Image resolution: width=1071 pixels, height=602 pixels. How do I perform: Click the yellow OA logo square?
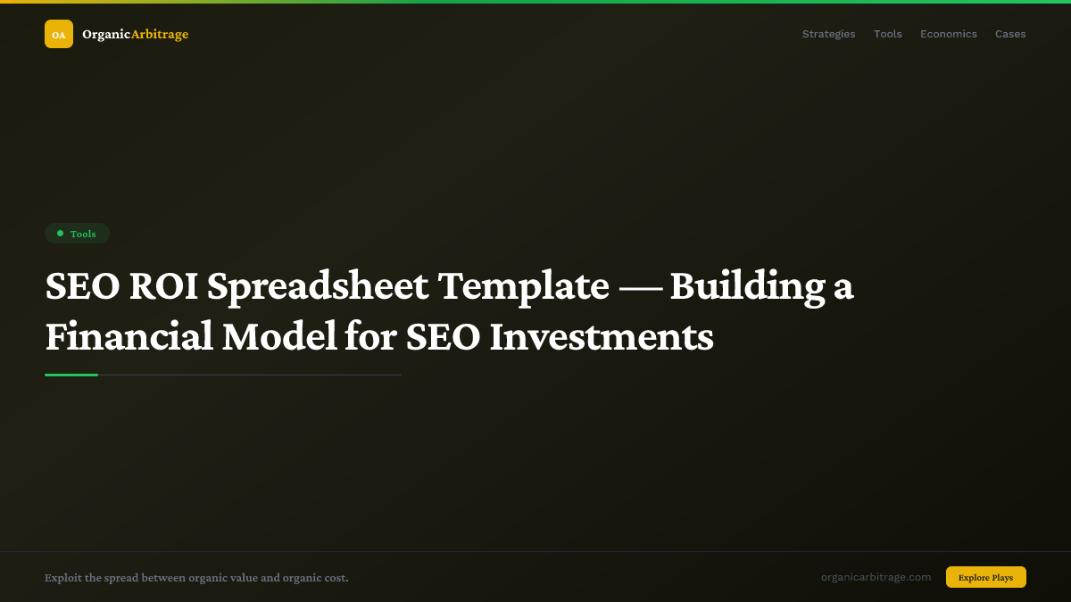point(59,34)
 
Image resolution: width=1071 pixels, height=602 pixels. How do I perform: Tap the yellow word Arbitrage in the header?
point(160,34)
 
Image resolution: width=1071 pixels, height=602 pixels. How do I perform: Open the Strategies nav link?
point(828,34)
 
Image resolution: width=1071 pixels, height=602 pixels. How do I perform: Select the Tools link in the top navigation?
point(887,34)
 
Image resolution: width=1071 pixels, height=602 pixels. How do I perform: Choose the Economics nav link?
point(948,34)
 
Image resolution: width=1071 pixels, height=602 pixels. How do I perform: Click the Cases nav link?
point(1010,34)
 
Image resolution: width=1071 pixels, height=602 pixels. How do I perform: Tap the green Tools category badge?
point(78,234)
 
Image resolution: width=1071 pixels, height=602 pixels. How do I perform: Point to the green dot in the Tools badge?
point(60,234)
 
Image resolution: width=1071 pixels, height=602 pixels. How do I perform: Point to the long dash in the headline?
point(639,287)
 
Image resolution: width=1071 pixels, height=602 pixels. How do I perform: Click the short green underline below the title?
point(71,375)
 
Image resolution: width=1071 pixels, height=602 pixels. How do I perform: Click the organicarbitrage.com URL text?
point(876,577)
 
